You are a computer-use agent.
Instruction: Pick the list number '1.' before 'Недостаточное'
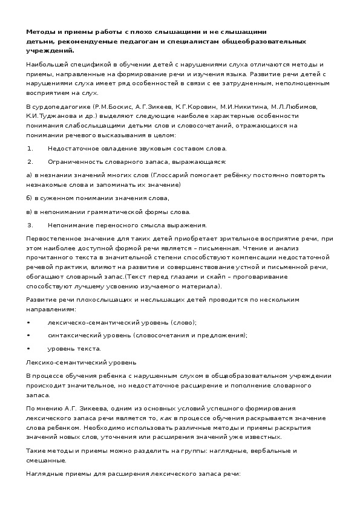pos(30,148)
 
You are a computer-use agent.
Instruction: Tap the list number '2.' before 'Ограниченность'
pos(30,162)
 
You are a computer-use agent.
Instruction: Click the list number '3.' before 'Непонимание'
pos(30,225)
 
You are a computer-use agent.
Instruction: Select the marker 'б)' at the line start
pos(30,198)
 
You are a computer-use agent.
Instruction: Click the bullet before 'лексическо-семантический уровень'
pos(28,322)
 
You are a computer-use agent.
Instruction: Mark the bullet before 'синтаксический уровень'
pos(28,336)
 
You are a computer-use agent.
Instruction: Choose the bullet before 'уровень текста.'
pos(28,349)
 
